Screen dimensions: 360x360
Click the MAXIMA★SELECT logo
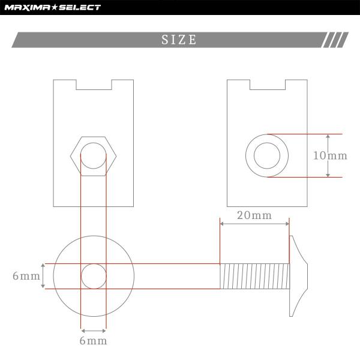(53, 8)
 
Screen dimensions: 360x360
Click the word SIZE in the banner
(179, 40)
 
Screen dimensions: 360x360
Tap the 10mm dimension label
(330, 155)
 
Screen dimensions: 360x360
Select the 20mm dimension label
(254, 215)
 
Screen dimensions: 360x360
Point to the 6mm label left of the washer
(26, 276)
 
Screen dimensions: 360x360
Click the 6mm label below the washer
(93, 341)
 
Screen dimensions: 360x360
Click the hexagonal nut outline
(70, 156)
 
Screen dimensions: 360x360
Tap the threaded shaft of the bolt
(254, 276)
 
